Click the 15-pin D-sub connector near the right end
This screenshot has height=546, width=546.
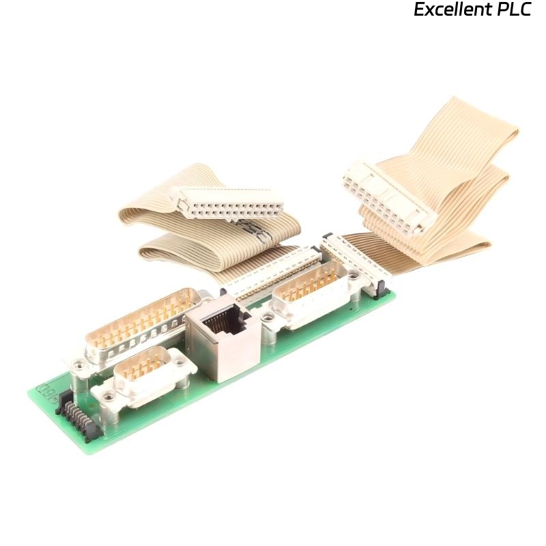click(x=311, y=295)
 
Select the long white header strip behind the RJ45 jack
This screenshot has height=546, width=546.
click(x=273, y=273)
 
